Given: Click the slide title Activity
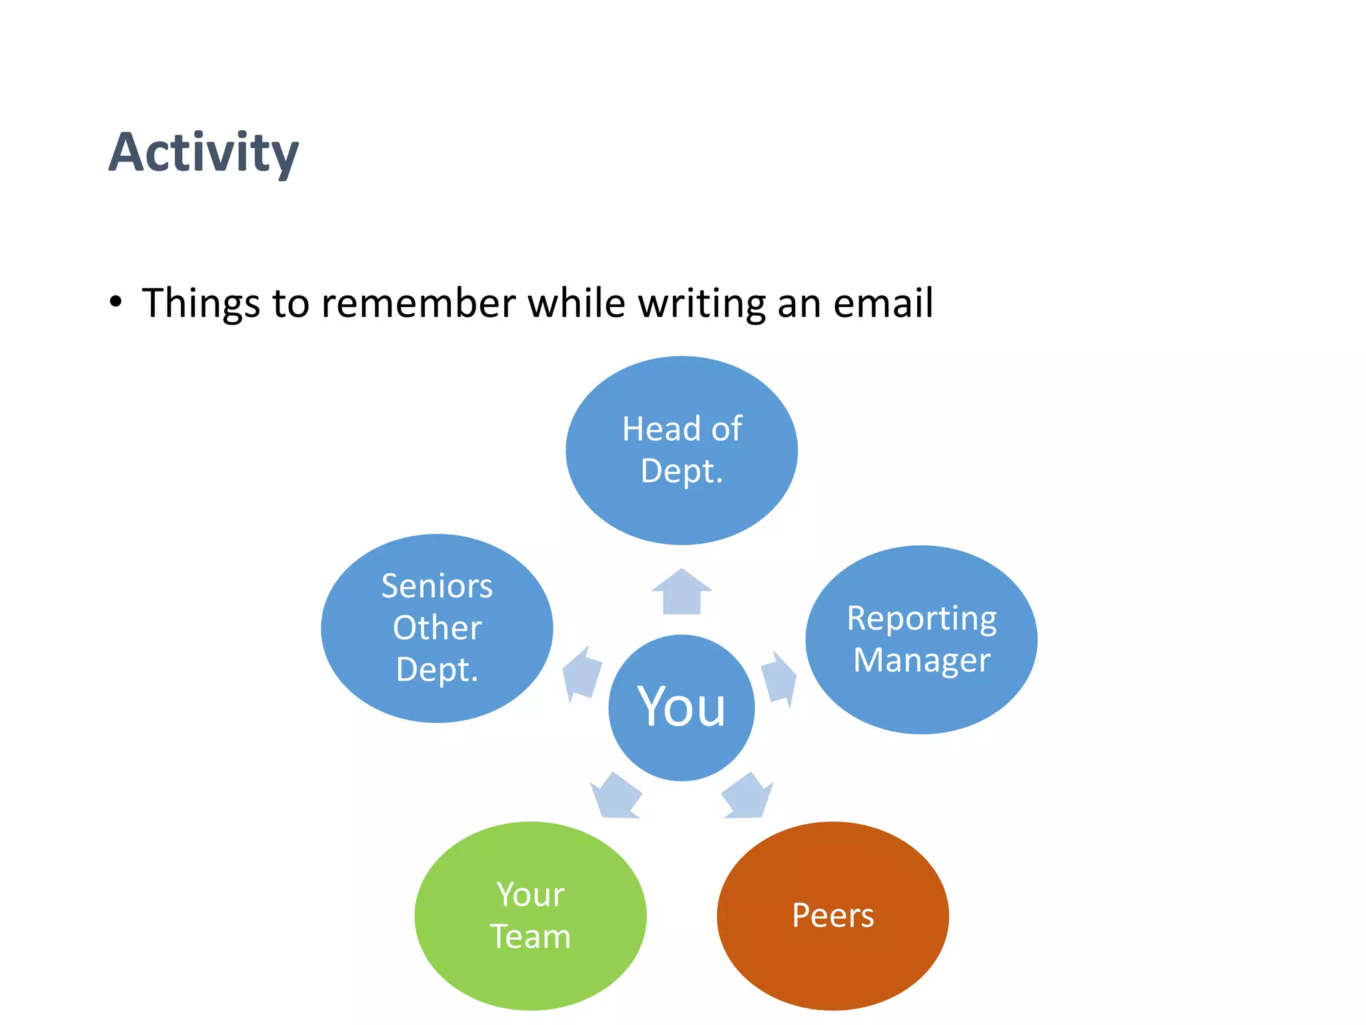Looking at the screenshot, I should coord(203,153).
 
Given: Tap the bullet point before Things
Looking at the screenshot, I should coord(116,302).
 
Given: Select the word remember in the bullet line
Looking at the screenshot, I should coord(418,303).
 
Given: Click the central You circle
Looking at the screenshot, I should coord(681,707).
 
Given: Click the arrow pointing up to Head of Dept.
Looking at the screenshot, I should coord(682,591).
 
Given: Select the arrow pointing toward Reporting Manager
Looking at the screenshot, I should coord(779,678).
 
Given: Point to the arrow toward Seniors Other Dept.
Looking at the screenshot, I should coord(582,675).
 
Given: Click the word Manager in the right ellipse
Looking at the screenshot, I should coord(921,661).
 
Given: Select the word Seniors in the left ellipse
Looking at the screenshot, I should coord(437,587).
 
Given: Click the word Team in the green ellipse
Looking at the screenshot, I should coord(530,936).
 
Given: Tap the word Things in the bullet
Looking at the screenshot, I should coord(201,303).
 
